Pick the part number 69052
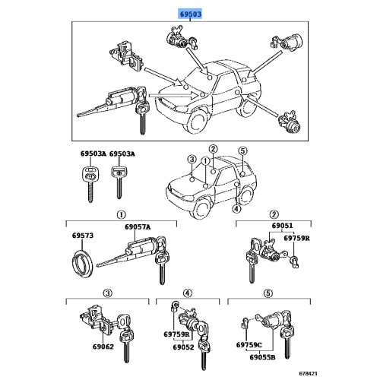click(x=182, y=347)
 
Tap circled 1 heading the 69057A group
click(x=120, y=214)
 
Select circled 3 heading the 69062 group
click(x=109, y=293)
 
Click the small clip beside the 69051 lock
click(x=298, y=261)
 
